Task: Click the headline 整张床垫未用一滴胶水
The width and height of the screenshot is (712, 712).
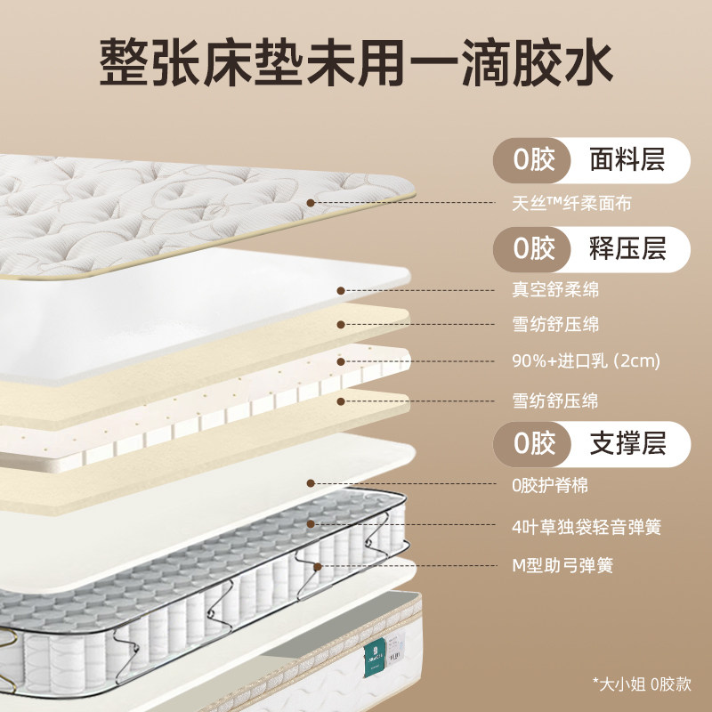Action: [x=355, y=61]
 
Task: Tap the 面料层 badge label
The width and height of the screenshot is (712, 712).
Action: [x=627, y=160]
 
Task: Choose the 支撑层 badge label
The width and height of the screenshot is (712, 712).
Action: [x=627, y=442]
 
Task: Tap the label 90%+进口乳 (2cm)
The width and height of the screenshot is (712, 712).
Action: [x=578, y=362]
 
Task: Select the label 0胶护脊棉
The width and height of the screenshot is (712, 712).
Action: [x=544, y=486]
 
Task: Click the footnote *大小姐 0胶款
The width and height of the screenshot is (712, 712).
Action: [x=641, y=684]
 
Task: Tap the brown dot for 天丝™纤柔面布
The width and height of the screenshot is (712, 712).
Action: [x=311, y=203]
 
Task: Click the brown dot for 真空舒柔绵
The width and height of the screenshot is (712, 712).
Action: [x=342, y=289]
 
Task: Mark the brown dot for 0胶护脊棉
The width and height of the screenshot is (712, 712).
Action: [x=311, y=483]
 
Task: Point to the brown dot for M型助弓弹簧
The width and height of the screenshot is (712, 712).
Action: [x=318, y=564]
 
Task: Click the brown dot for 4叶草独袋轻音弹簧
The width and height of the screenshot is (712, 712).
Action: [x=311, y=524]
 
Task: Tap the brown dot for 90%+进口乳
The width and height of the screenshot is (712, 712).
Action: [x=342, y=362]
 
